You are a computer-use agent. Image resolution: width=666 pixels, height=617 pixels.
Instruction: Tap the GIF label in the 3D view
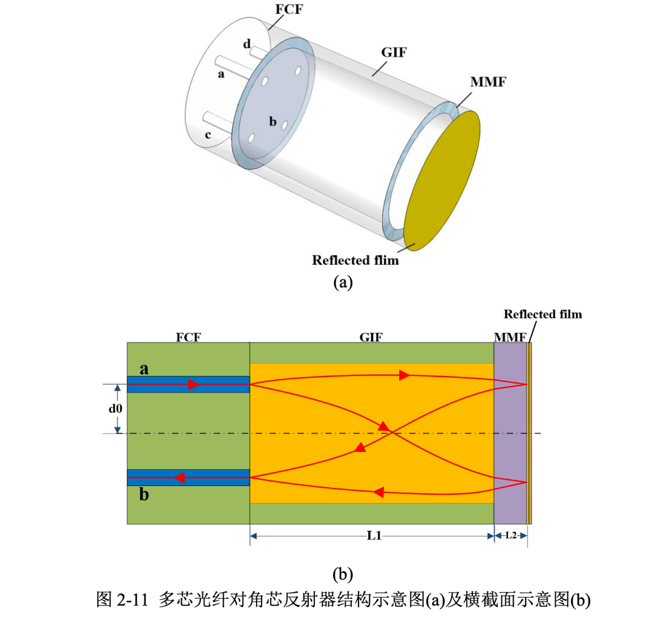pos(394,52)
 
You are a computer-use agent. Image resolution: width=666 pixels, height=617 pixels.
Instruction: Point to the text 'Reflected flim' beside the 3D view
pos(355,261)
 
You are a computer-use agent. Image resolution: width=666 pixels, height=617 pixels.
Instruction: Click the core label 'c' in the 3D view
pos(208,135)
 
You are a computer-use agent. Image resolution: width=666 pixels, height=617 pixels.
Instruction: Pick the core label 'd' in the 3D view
pos(246,44)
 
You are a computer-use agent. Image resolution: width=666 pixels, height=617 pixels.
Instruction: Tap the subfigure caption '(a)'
pos(342,282)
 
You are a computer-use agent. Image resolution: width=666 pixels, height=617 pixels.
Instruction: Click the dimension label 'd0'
pos(116,409)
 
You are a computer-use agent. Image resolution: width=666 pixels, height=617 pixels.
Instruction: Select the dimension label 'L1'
pos(373,536)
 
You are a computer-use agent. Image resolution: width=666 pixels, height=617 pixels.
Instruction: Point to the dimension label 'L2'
pos(511,536)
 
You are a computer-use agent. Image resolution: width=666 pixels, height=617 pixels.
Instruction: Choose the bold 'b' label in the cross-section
pos(144,495)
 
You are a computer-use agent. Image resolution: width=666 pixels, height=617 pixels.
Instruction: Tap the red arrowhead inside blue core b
pos(180,478)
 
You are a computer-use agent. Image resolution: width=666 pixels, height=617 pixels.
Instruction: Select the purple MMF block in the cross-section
pos(510,433)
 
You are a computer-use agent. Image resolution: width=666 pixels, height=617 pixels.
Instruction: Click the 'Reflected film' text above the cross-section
pos(542,314)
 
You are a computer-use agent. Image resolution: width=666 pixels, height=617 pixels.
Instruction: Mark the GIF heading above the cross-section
pos(371,336)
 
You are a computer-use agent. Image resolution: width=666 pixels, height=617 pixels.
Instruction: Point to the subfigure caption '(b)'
pos(342,573)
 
